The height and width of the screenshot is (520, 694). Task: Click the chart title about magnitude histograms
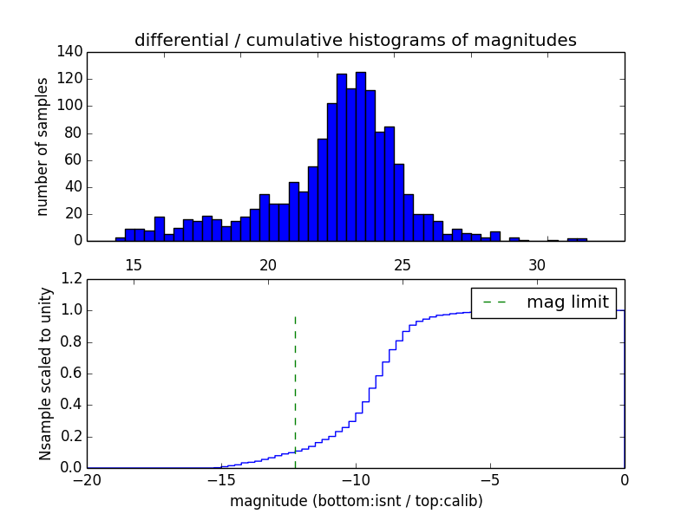pyautogui.click(x=356, y=40)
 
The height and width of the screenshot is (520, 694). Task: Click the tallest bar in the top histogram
pyautogui.click(x=360, y=156)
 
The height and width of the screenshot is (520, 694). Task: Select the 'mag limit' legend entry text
pyautogui.click(x=567, y=302)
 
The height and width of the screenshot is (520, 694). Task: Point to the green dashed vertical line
pyautogui.click(x=295, y=381)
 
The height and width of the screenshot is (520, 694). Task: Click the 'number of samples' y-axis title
pyautogui.click(x=42, y=146)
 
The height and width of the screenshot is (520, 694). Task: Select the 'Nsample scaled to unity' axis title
pyautogui.click(x=46, y=374)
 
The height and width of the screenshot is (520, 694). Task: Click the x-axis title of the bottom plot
pyautogui.click(x=356, y=501)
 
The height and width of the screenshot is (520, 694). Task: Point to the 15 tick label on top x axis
pyautogui.click(x=134, y=264)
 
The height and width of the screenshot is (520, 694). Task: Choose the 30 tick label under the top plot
pyautogui.click(x=537, y=264)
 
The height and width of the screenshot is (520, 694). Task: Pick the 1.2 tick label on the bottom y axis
pyautogui.click(x=70, y=279)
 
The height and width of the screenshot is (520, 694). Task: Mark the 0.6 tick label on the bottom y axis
pyautogui.click(x=70, y=374)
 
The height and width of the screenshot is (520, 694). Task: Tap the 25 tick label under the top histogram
pyautogui.click(x=403, y=264)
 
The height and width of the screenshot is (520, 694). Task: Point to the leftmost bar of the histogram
pyautogui.click(x=120, y=238)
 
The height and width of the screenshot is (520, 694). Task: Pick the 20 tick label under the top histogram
pyautogui.click(x=268, y=264)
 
